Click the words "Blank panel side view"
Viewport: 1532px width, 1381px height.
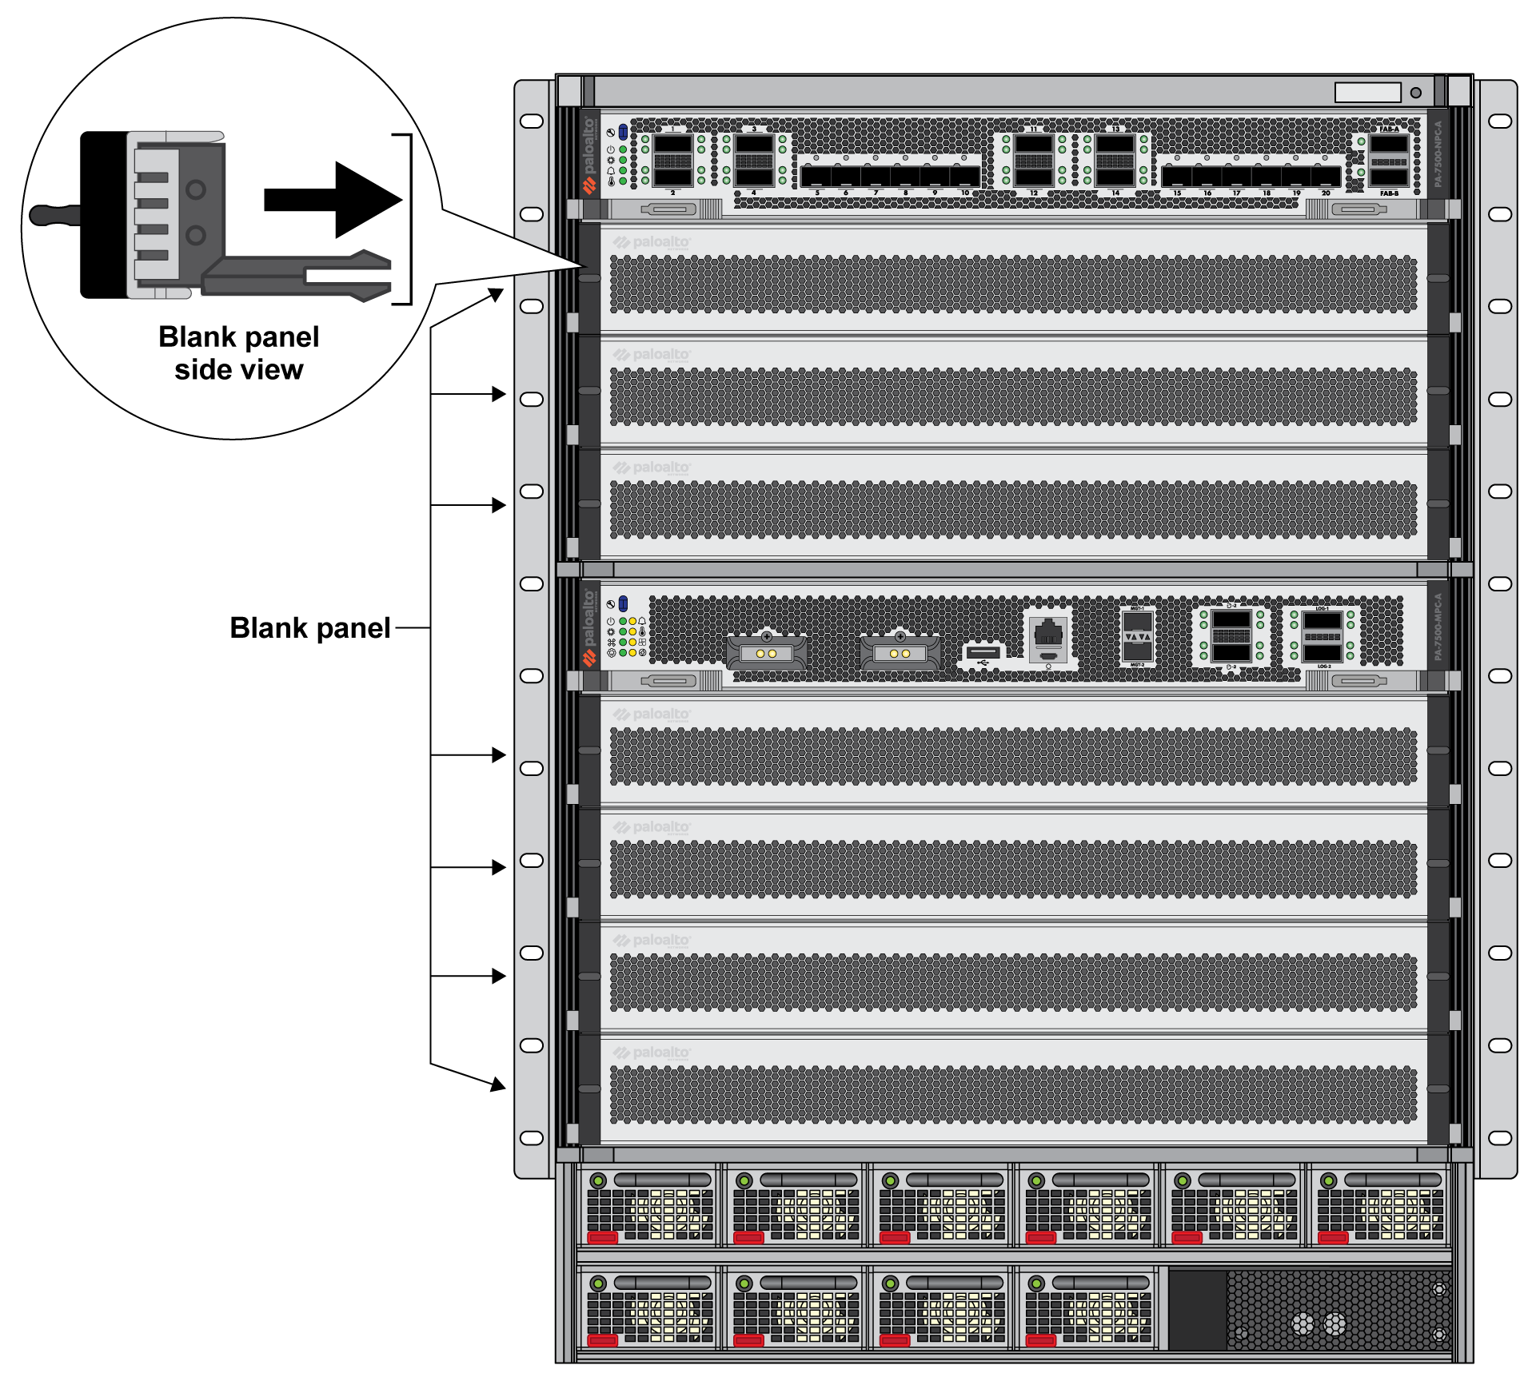pos(238,353)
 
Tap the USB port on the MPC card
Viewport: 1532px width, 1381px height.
pos(983,653)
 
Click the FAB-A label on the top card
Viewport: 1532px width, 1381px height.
pos(1389,129)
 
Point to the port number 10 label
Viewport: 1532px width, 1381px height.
pos(965,193)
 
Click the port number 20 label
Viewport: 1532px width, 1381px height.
pos(1326,193)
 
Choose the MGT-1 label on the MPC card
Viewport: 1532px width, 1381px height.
pos(1137,609)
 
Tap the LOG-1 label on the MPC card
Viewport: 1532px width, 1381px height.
pos(1323,609)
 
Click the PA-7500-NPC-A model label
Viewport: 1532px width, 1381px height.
pos(1438,154)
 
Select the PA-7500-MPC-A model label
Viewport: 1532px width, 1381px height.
pos(1438,627)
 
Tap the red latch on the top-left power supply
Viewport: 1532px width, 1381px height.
pos(603,1237)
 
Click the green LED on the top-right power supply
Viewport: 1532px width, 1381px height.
pos(1329,1180)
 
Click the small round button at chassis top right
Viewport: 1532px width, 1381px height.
pos(1416,93)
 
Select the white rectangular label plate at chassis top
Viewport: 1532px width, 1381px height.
pos(1367,93)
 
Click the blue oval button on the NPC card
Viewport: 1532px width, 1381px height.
pos(623,132)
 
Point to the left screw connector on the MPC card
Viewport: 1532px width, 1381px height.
pos(766,652)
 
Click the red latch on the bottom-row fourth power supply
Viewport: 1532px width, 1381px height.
pos(1041,1340)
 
